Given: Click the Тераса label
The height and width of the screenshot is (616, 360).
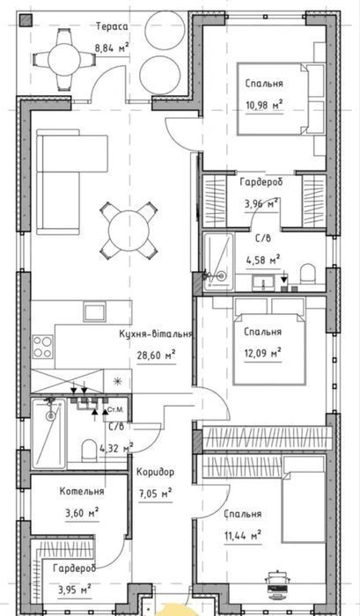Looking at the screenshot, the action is point(112,26).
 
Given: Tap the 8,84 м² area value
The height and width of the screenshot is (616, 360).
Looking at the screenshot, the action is point(112,48).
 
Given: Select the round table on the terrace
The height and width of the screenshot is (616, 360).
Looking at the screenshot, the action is point(64,59).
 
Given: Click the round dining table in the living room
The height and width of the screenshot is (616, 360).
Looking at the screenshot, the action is point(129,231).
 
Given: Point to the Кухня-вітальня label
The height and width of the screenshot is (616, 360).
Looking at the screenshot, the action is point(156,334).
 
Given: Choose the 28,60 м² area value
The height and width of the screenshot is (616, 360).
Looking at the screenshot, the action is point(156,356).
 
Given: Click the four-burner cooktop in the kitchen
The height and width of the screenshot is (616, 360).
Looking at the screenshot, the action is point(42,347).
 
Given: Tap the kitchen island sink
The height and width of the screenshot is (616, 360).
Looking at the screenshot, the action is point(94,312).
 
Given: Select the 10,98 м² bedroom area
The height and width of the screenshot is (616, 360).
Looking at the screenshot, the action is point(264,106).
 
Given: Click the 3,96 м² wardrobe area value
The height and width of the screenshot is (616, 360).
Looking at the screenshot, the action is point(261,204).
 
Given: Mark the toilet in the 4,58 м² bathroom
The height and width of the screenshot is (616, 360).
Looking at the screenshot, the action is point(307,274).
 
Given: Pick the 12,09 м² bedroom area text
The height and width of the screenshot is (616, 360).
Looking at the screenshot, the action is point(262,354).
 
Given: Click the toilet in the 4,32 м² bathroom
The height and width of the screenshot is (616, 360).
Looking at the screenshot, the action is point(89,451).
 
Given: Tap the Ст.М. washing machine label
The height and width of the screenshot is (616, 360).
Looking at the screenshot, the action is point(118,410).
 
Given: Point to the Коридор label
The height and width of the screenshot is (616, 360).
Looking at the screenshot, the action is point(155,472).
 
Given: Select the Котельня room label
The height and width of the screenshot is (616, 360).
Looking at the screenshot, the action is point(82,491).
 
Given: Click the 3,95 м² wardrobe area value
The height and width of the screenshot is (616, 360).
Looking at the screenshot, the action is point(75,590).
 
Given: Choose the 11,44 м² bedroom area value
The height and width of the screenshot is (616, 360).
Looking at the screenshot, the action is point(243,535).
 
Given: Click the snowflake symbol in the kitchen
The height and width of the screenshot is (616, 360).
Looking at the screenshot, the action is point(117,380).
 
